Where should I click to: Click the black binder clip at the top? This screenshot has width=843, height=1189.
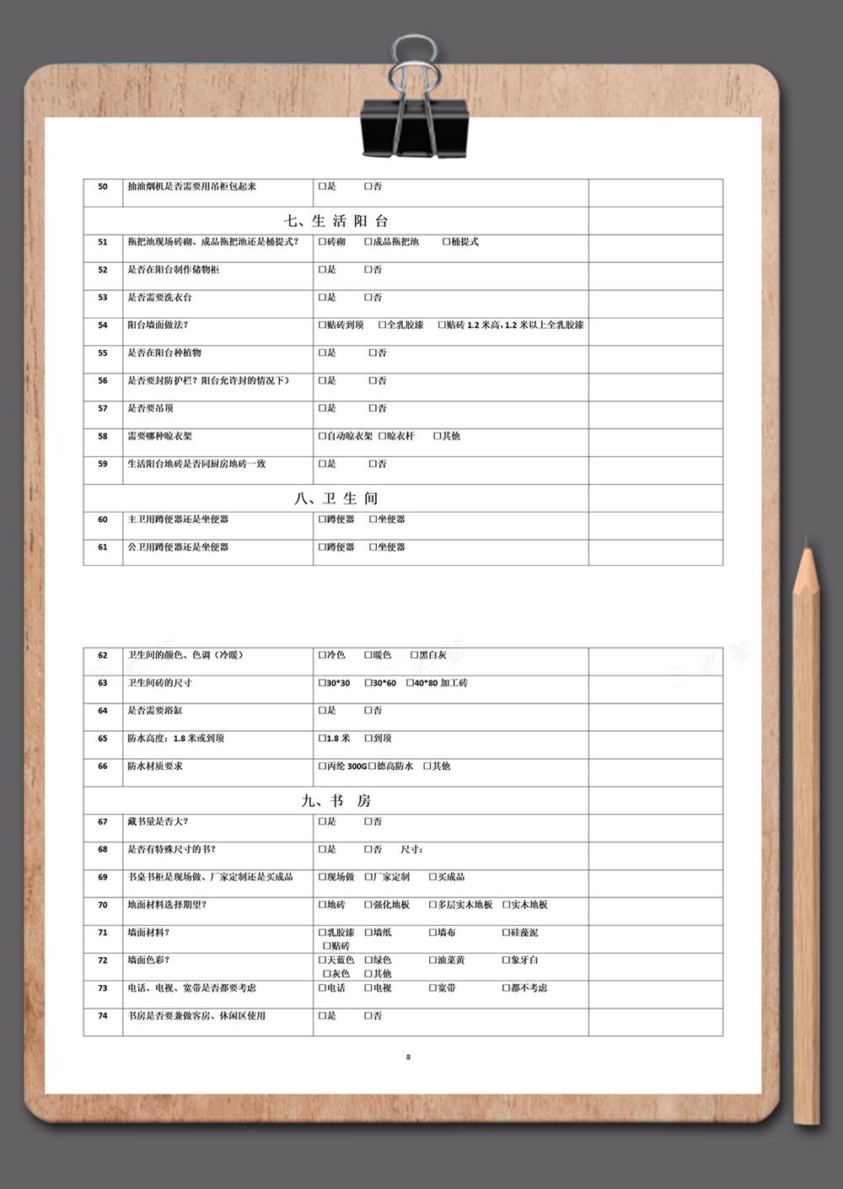coord(414,126)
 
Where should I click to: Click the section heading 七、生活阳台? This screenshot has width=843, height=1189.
coord(336,221)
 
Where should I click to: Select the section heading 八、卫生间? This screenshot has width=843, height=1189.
coord(336,498)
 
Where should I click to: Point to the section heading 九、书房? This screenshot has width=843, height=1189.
coord(336,800)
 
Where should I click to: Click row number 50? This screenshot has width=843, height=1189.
coord(103,187)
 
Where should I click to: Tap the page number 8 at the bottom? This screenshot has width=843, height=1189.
coord(409,1057)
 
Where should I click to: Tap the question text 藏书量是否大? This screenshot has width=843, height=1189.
coord(158,821)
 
